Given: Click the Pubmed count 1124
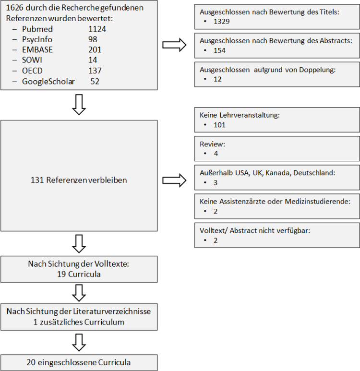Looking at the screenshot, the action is (97, 29).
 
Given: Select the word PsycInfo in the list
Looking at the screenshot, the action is (37, 39).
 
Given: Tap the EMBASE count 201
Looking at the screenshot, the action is (95, 50).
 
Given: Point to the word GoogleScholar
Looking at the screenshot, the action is (48, 82).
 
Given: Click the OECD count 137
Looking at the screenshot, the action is (95, 71).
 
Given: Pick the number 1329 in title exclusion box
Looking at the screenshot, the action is (222, 22).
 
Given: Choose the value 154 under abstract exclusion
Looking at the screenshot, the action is (220, 50).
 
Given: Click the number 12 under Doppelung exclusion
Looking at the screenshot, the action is (217, 79).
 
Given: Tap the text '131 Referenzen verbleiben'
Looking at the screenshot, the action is (79, 180).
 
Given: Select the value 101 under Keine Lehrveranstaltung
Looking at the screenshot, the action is (220, 125).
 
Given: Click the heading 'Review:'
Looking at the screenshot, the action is (212, 144).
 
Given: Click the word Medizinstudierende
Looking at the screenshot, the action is (318, 202).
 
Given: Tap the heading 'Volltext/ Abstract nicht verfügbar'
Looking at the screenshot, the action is (255, 231).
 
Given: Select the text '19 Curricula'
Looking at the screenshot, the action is (79, 274).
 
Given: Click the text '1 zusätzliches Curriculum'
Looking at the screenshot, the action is (79, 322).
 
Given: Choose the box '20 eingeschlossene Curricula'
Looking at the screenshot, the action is (79, 362).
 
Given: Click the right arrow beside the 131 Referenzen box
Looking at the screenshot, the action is (174, 180).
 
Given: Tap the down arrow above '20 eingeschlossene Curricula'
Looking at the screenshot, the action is (79, 342).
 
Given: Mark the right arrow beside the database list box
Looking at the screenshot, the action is (174, 45).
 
